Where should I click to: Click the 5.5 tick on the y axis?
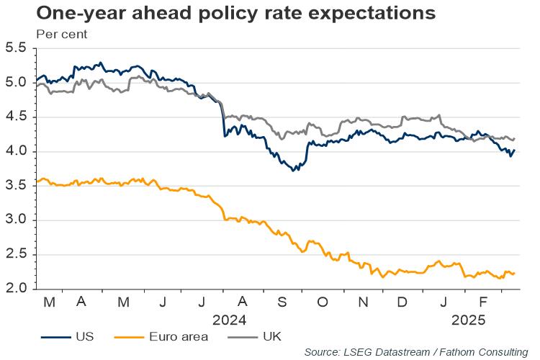[x=17, y=48]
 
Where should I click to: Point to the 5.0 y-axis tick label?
[x=17, y=83]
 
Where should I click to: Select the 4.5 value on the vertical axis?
[x=17, y=117]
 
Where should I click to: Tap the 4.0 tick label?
[x=17, y=151]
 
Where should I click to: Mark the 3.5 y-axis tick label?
[x=17, y=186]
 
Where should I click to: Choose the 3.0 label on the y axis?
[x=17, y=220]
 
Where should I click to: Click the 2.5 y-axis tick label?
[x=17, y=254]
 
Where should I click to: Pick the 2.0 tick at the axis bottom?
[x=17, y=289]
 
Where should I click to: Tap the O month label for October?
[x=322, y=302]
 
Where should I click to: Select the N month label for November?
[x=363, y=302]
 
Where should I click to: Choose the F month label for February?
[x=483, y=302]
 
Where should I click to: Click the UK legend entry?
[x=272, y=336]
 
